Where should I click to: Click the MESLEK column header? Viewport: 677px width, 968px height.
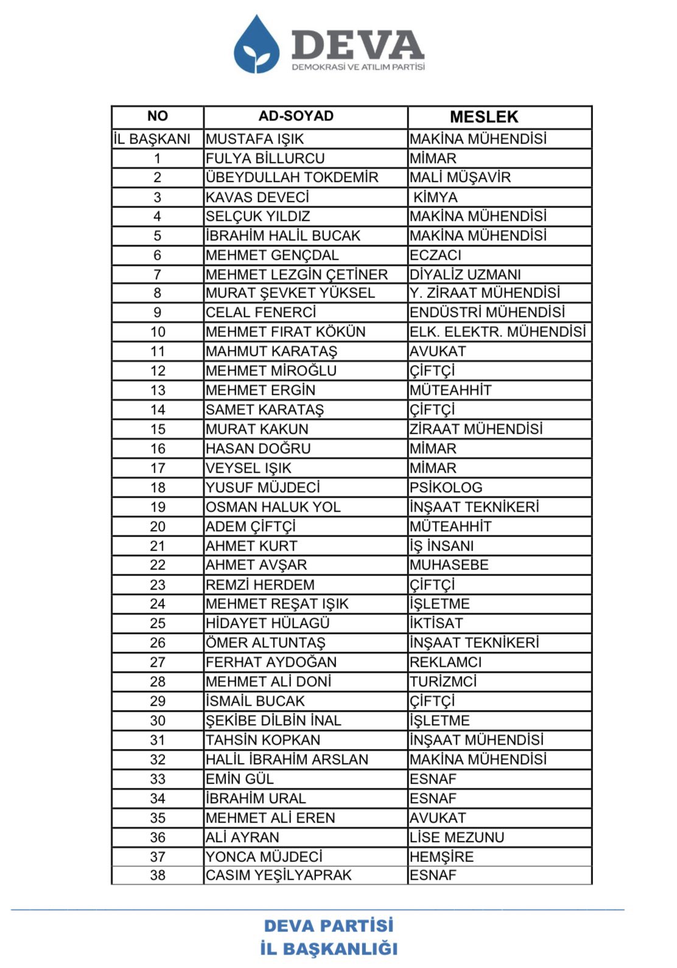pyautogui.click(x=484, y=117)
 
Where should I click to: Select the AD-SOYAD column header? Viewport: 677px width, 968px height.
pyautogui.click(x=296, y=116)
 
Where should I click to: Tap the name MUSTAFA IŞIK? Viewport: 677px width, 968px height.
pyautogui.click(x=254, y=139)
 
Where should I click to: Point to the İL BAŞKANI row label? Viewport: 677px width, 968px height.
pyautogui.click(x=152, y=139)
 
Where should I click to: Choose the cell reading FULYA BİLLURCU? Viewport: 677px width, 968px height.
pyautogui.click(x=265, y=159)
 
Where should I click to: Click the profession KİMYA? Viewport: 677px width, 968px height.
pyautogui.click(x=435, y=197)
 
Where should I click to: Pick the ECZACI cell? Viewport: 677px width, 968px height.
pyautogui.click(x=435, y=255)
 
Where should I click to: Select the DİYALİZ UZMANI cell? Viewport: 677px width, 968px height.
pyautogui.click(x=465, y=274)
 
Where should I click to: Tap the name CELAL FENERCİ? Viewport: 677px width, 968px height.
pyautogui.click(x=261, y=313)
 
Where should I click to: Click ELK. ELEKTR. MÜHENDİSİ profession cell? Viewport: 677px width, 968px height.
pyautogui.click(x=497, y=332)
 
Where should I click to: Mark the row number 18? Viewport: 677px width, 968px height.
pyautogui.click(x=158, y=488)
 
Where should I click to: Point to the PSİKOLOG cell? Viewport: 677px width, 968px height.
pyautogui.click(x=446, y=488)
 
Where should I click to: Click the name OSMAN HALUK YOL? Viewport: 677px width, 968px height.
pyautogui.click(x=273, y=507)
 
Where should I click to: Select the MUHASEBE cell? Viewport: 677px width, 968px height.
pyautogui.click(x=449, y=565)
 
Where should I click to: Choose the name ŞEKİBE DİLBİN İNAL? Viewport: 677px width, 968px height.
pyautogui.click(x=273, y=721)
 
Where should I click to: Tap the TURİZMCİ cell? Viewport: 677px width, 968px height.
pyautogui.click(x=443, y=682)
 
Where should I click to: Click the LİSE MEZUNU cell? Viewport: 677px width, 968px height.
pyautogui.click(x=457, y=838)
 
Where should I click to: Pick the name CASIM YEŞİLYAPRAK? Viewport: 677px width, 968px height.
pyautogui.click(x=278, y=876)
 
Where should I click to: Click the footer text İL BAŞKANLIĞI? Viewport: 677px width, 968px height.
pyautogui.click(x=329, y=949)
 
